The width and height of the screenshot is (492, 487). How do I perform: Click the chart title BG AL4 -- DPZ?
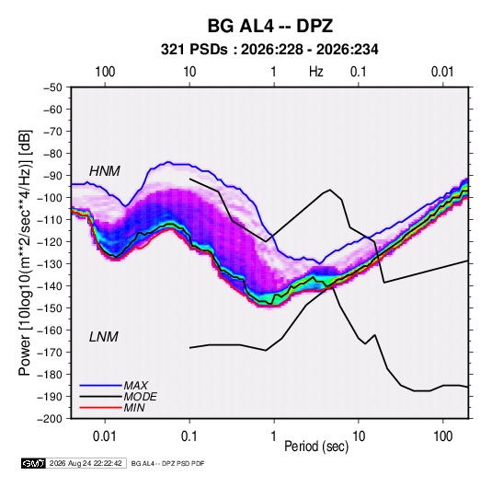(269, 26)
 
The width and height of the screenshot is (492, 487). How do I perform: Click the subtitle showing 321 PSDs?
(269, 50)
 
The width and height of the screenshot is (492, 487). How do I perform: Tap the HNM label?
(105, 171)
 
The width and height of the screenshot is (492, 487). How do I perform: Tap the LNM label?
(104, 337)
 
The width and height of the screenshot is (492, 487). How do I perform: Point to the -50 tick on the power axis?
(52, 87)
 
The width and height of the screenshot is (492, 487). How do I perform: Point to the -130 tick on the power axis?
(51, 264)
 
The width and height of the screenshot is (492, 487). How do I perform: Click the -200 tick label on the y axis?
(51, 419)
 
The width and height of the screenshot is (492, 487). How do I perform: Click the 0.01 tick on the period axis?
(105, 436)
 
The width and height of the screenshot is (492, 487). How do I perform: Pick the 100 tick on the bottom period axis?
(443, 436)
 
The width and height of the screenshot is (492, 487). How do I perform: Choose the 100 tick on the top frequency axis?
(105, 72)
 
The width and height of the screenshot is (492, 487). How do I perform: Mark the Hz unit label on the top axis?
(316, 72)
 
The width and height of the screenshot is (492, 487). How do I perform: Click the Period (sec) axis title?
(316, 446)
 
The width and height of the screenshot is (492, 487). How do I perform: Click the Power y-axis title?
(25, 252)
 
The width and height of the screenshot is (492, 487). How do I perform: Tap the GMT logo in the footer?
(34, 463)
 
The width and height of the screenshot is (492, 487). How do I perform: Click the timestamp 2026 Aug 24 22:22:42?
(86, 463)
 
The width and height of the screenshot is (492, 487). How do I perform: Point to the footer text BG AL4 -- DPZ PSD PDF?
(168, 463)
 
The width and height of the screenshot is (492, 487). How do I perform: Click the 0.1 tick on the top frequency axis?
(359, 72)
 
